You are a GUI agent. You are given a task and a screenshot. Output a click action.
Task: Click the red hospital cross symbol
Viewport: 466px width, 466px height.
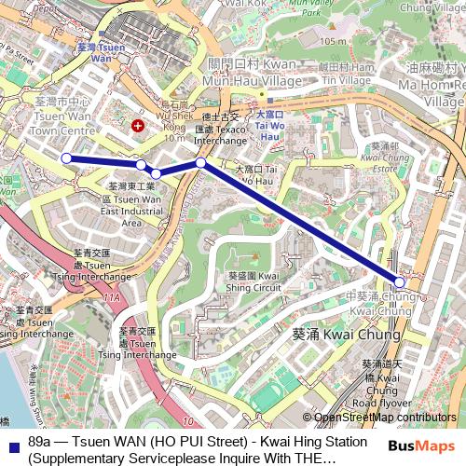pyautogui.click(x=139, y=125)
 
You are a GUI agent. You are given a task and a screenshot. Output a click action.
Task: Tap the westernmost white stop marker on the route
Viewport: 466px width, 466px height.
pyautogui.click(x=66, y=158)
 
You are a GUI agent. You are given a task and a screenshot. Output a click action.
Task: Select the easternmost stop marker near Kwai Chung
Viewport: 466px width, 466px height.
pyautogui.click(x=400, y=281)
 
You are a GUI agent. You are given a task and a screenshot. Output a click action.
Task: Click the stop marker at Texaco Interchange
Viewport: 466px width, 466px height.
pyautogui.click(x=200, y=163)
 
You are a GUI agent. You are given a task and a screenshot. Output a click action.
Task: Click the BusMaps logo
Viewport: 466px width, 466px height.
pyautogui.click(x=421, y=446)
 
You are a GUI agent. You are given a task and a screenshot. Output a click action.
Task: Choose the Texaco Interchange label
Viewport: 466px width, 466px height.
pyautogui.click(x=221, y=130)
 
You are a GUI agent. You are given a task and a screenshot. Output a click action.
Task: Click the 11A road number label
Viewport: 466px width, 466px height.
pyautogui.click(x=112, y=296)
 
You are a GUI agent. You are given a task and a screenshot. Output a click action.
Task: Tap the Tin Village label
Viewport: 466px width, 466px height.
pyautogui.click(x=346, y=80)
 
